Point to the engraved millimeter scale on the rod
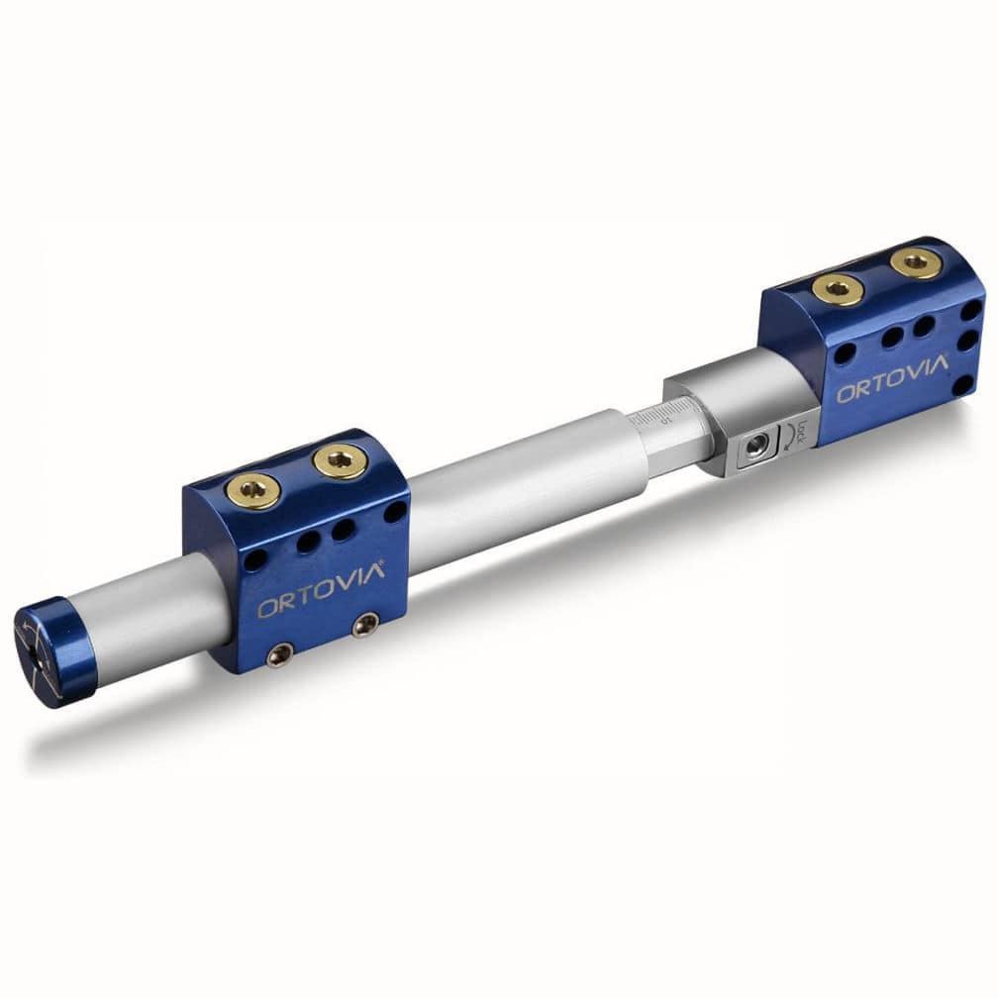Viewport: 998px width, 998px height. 654,416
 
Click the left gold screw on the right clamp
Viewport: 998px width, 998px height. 838,289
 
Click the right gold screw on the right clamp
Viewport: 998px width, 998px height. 915,262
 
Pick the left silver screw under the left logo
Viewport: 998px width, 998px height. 281,654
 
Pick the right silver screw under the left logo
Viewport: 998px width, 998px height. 366,624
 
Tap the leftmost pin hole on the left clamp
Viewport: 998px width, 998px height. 256,559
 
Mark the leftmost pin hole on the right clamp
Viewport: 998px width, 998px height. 845,353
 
